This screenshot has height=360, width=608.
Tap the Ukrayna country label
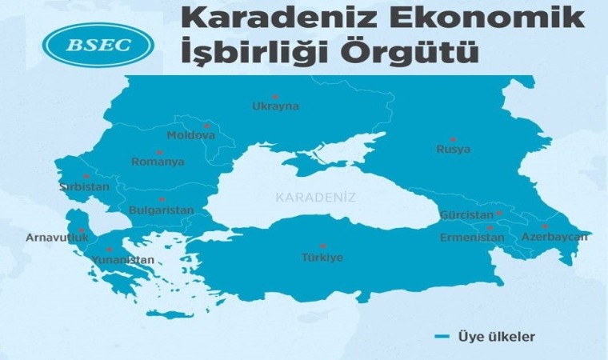(274, 106)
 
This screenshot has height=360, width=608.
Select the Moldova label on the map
(190, 135)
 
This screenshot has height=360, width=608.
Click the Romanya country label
(158, 162)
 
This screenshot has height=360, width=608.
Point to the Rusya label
(453, 149)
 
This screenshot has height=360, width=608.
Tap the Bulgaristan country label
(161, 210)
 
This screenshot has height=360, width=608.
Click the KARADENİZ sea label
(315, 196)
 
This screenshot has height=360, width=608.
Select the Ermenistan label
(472, 238)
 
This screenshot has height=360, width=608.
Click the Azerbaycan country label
(554, 237)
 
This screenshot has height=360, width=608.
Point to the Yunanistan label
(121, 260)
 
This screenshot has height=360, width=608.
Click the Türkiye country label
(322, 258)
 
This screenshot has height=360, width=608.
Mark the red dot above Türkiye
(322, 246)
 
